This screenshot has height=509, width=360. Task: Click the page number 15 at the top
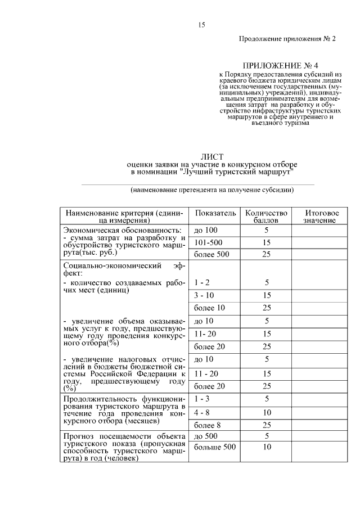(201, 25)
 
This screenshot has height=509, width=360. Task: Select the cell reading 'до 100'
(205, 231)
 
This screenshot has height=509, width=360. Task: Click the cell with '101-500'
(206, 242)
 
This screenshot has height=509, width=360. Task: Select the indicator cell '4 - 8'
(202, 412)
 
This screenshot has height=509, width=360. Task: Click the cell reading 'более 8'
(207, 425)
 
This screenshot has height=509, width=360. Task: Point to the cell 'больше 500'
(214, 447)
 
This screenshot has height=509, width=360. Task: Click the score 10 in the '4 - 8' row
(267, 412)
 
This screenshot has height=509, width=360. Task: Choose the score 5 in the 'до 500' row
(267, 436)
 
